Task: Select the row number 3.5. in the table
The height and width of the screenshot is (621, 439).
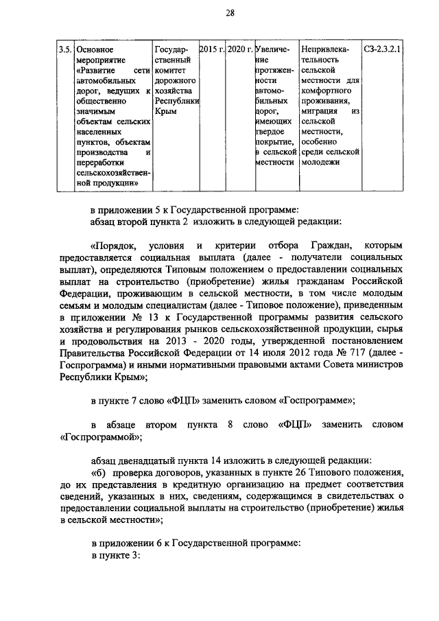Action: coord(64,49)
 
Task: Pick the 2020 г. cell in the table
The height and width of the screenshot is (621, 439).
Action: coord(239,49)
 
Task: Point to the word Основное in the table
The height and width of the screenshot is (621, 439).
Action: coord(95,49)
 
